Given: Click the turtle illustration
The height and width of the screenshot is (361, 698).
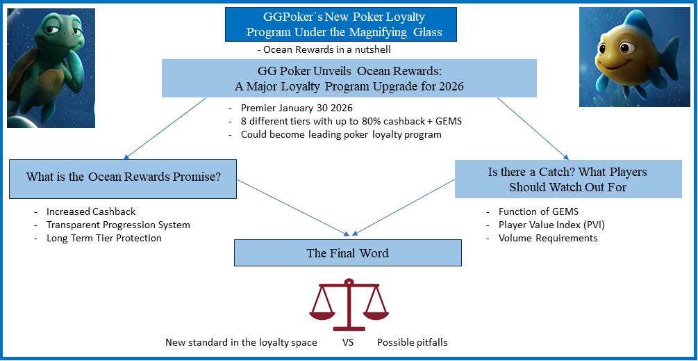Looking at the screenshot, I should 51,67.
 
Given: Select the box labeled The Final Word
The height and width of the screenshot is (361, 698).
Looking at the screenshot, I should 347,253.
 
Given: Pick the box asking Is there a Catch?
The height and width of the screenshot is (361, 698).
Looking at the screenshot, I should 567,179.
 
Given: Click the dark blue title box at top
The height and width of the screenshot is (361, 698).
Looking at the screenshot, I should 340,25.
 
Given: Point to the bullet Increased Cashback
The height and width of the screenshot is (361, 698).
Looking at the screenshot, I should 91,211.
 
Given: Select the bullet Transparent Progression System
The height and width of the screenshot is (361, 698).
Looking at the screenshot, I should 118,225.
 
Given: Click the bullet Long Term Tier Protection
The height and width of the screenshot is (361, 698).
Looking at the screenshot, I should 104,238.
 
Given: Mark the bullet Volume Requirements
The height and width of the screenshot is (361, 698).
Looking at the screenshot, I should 547,238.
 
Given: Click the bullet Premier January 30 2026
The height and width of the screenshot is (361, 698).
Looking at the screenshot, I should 297,109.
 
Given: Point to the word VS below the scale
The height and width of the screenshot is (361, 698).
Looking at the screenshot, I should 348,342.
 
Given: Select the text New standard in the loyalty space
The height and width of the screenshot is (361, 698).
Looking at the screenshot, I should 241,342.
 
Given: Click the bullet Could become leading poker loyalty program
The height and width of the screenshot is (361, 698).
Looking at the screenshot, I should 340,134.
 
